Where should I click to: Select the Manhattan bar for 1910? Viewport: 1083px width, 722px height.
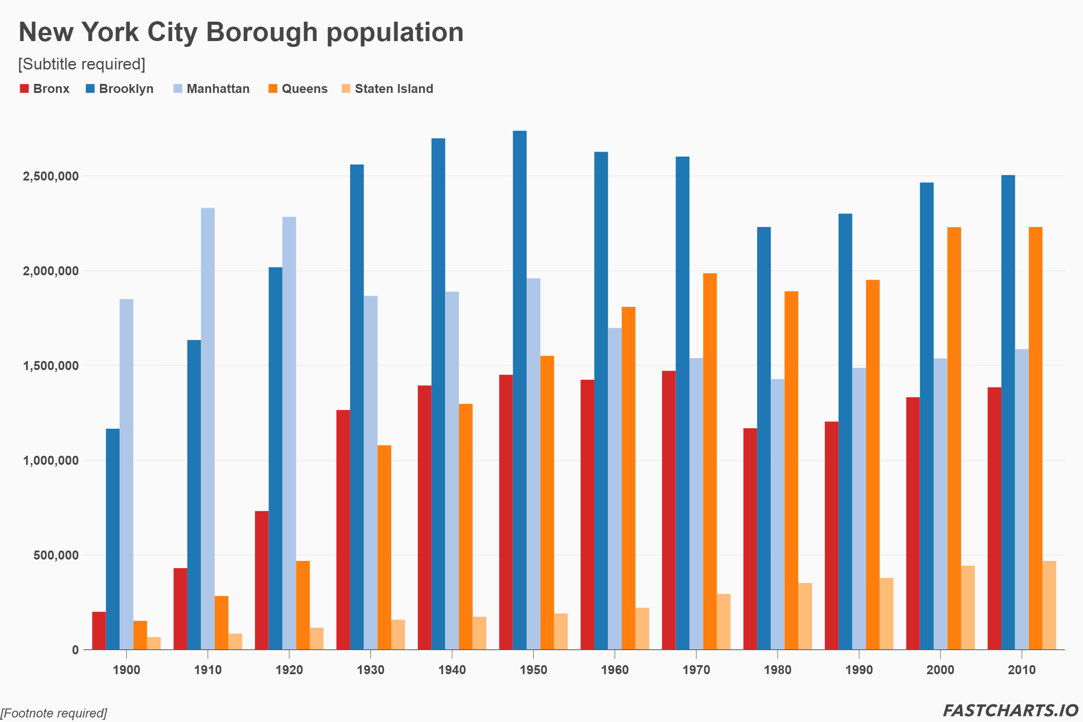click(x=208, y=429)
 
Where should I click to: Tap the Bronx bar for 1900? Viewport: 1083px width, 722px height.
click(x=98, y=630)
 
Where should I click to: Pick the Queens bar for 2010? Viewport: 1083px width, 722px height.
click(x=1035, y=438)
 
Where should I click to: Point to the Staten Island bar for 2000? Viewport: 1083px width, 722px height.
click(x=967, y=607)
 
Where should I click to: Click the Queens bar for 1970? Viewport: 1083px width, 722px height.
click(x=709, y=461)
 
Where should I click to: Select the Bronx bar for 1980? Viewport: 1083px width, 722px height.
click(x=750, y=539)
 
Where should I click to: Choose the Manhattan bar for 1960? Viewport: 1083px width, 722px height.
click(x=615, y=489)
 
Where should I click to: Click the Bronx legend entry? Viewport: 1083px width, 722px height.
click(x=45, y=88)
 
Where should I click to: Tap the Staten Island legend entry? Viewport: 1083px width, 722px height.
click(x=387, y=88)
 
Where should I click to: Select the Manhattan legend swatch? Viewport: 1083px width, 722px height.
click(x=178, y=88)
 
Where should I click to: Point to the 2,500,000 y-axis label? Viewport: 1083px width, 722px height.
click(x=51, y=176)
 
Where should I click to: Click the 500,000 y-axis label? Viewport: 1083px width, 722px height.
click(x=56, y=555)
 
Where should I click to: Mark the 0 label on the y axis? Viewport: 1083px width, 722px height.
click(x=75, y=650)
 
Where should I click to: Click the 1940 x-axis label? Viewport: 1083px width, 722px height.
click(x=452, y=670)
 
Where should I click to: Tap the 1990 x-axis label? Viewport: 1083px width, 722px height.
click(x=859, y=670)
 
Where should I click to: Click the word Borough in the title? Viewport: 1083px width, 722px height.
click(x=262, y=32)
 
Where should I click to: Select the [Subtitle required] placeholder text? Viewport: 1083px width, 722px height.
click(x=82, y=64)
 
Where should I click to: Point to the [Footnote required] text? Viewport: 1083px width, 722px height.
click(x=53, y=713)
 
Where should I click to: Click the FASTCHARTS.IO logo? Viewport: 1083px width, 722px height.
click(x=1010, y=710)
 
